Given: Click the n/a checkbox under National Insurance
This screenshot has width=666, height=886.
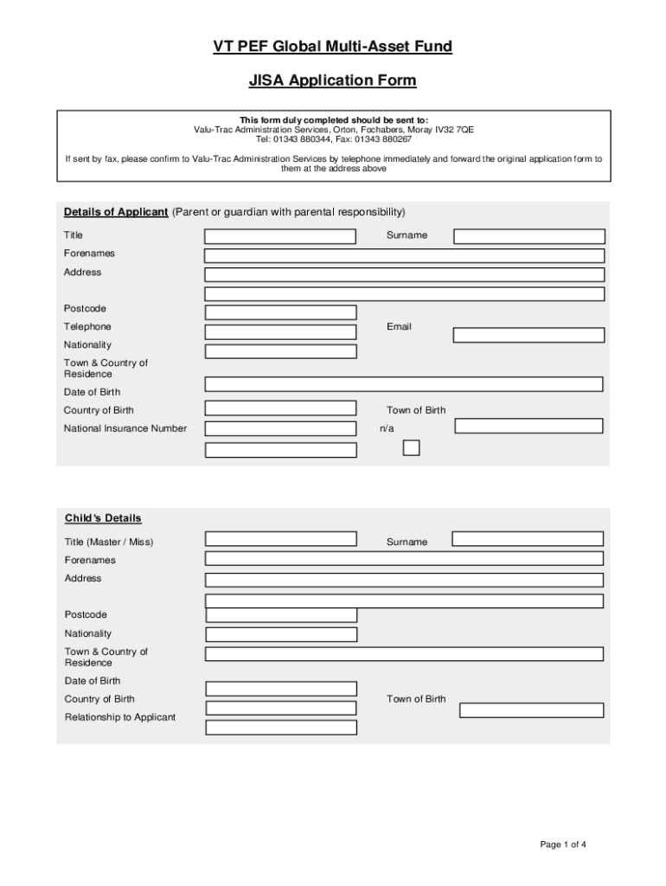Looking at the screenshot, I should coord(412,447).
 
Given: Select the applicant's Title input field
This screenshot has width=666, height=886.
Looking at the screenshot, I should coord(279,236).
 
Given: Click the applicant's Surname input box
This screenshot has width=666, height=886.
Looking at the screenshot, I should coord(528,236).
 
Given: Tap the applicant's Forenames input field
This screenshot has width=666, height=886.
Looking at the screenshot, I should coord(404,255).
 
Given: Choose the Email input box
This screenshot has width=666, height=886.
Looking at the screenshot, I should coord(528,335).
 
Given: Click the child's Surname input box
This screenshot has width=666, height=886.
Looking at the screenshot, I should coord(528,538).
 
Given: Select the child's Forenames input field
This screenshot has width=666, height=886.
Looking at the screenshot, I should coord(404,559).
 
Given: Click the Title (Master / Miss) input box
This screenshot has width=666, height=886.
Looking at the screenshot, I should coord(281,538).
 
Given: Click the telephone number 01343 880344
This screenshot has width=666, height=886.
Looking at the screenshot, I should coord(302,139).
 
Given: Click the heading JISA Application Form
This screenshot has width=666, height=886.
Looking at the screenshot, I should coord(333,81).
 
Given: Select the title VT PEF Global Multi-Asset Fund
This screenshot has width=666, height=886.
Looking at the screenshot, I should coord(333,47).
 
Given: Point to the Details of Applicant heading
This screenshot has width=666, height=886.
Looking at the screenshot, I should coord(116,212).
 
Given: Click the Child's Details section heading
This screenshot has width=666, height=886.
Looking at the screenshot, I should coord(103,518).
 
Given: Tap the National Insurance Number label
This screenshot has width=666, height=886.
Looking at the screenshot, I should coord(125,428).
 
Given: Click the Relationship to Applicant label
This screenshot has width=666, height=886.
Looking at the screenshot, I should coord(120,717).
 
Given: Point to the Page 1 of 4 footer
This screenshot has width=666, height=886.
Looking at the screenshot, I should coord(564,844).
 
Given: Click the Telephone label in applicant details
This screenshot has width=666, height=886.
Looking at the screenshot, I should coord(87,327).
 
